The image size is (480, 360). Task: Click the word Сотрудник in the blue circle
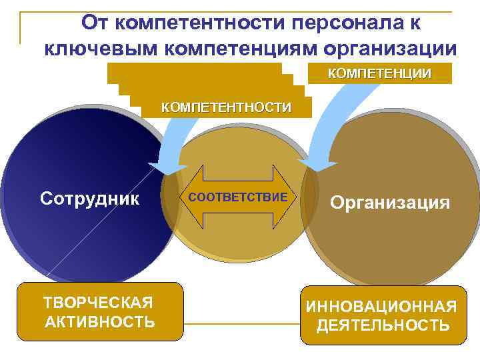[x=89, y=198]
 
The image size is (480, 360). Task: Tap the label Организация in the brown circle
[x=390, y=202]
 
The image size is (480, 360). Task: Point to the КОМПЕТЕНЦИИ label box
[x=379, y=73]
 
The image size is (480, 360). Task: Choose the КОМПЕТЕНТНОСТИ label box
[x=226, y=107]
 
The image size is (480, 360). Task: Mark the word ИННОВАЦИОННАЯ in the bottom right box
[x=381, y=307]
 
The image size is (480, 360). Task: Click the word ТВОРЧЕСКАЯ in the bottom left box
[x=99, y=303]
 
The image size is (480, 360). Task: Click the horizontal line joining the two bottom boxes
[x=241, y=324]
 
